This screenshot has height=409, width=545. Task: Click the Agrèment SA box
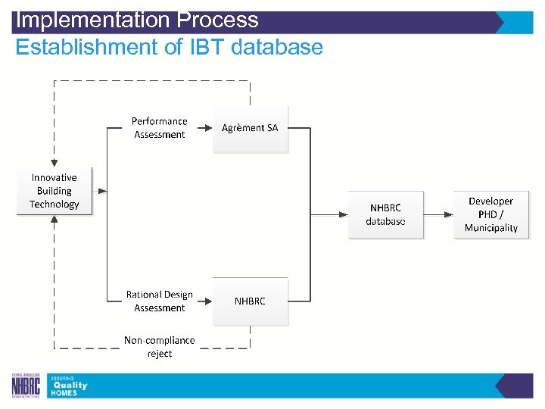pos(250,129)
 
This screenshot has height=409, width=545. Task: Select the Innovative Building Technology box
pos(54,191)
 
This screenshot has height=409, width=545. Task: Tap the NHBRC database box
pos(385,214)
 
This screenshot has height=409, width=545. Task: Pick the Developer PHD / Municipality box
pos(490,214)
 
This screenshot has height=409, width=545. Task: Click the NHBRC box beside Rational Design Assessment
pos(250,301)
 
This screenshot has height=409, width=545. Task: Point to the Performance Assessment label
pos(160,128)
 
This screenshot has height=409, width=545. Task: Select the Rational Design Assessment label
pos(160,301)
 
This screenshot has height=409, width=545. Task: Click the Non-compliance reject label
pos(160,347)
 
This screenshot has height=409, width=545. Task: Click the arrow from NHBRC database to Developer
pos(438,214)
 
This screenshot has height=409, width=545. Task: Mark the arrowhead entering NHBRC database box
pos(344,214)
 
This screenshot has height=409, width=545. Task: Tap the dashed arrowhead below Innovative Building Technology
pos(54,219)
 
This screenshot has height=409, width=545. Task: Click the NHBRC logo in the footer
pos(26,386)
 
